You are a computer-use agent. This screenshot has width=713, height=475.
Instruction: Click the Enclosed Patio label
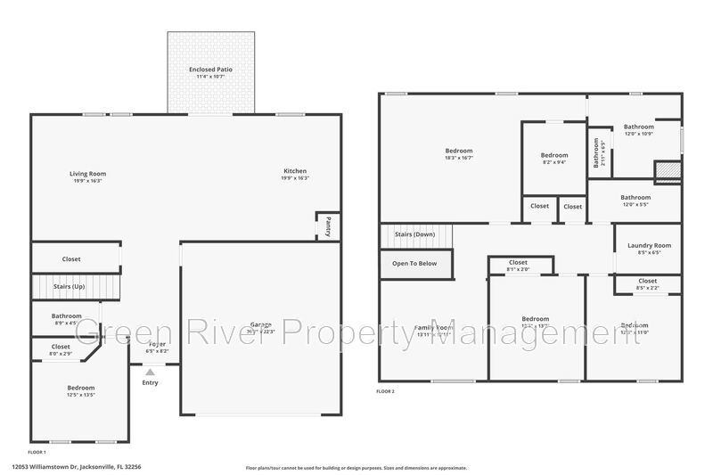pos(210,70)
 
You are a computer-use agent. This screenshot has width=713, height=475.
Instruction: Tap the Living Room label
pos(88,173)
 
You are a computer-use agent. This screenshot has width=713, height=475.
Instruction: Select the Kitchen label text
pos(295,170)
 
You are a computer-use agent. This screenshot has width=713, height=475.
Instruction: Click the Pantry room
pos(328,225)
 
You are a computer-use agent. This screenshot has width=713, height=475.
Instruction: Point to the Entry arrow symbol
pos(150,373)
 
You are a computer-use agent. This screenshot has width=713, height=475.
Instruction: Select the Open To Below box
pos(415,263)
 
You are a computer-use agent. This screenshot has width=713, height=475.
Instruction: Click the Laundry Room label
pos(649,245)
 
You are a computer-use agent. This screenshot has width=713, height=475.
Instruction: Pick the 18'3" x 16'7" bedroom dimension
pos(459,158)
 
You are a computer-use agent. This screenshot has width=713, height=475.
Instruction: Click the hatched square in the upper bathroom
pos(668,170)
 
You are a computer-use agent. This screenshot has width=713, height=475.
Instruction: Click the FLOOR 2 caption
pos(385,391)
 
